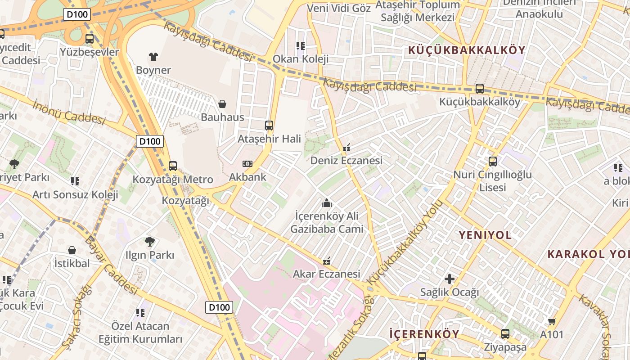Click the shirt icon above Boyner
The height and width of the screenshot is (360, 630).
(153, 57)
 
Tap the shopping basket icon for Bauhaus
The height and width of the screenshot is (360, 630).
(222, 104)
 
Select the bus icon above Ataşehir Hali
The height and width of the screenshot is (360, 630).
(269, 126)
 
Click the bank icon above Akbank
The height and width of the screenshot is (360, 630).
(247, 164)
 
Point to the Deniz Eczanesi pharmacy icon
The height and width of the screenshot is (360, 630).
(346, 147)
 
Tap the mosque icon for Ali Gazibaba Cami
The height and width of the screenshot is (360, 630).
(327, 203)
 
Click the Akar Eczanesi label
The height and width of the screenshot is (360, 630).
(327, 274)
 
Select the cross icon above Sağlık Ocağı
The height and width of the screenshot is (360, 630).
(449, 279)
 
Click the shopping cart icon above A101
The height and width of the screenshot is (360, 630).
(552, 321)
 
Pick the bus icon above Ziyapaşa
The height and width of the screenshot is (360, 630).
(505, 334)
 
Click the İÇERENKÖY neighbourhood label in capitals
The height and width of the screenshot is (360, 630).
(424, 334)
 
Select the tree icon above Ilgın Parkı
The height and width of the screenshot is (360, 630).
(150, 242)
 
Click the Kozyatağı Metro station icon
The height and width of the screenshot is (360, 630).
(173, 166)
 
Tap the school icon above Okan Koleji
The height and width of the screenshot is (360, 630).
(301, 45)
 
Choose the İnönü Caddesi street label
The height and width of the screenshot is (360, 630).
(69, 112)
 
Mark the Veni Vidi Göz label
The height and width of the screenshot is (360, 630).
(339, 8)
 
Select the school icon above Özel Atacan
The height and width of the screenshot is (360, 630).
(140, 312)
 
